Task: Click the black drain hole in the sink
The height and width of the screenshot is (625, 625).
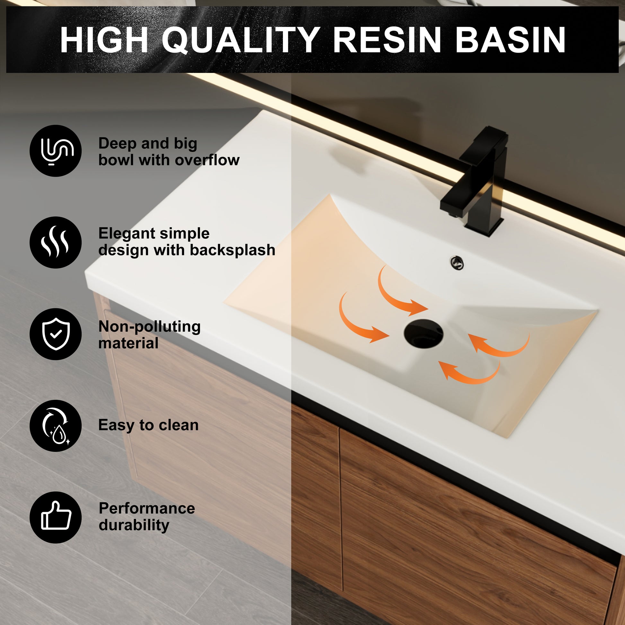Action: pyautogui.click(x=423, y=333)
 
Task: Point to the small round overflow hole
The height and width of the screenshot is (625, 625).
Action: pyautogui.click(x=457, y=263)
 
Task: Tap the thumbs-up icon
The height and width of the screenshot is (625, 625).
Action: pyautogui.click(x=56, y=517)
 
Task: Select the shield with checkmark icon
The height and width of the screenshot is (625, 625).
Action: pyautogui.click(x=56, y=334)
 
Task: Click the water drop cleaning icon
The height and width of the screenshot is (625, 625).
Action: pyautogui.click(x=56, y=426)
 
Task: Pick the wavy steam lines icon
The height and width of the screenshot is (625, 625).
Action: pyautogui.click(x=56, y=242)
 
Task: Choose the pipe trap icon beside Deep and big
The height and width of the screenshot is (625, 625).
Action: pyautogui.click(x=56, y=151)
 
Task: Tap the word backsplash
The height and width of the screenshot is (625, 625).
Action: pyautogui.click(x=232, y=250)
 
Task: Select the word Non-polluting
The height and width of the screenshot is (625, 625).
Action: pyautogui.click(x=149, y=327)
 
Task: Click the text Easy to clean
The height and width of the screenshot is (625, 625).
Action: pyautogui.click(x=148, y=425)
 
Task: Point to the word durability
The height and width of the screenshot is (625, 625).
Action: pyautogui.click(x=134, y=525)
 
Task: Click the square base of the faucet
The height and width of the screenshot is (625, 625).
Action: pyautogui.click(x=484, y=226)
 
